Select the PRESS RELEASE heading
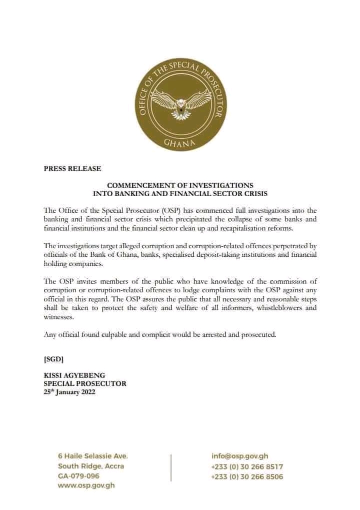[x=65, y=169]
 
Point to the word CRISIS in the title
[x=252, y=193]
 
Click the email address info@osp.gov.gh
[x=240, y=456]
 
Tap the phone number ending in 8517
[x=247, y=466]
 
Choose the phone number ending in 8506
[x=247, y=476]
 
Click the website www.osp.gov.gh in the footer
[x=85, y=486]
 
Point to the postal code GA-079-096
[x=78, y=476]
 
